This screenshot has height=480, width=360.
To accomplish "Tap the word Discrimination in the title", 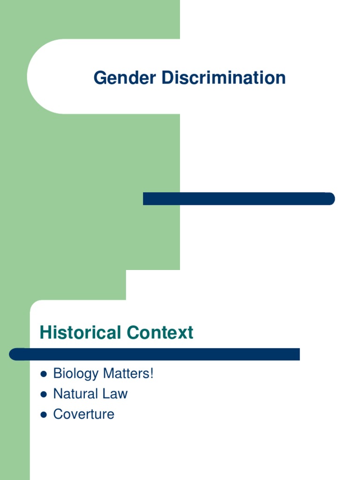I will (224, 78).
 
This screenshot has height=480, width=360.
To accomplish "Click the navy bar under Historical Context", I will (155, 354).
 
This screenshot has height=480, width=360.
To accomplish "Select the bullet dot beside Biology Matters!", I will (44, 375).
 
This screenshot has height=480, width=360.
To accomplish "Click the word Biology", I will (76, 374).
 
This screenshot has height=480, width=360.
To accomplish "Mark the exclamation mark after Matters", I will (152, 374).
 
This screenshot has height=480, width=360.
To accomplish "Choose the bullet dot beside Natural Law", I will (44, 395).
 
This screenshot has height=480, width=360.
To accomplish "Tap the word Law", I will (115, 394).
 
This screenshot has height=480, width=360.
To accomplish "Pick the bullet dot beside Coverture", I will (44, 415).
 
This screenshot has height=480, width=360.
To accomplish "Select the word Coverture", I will (84, 414).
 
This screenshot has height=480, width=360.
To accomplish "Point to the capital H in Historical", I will (45, 333).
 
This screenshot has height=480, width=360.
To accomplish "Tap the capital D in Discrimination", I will (167, 78).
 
